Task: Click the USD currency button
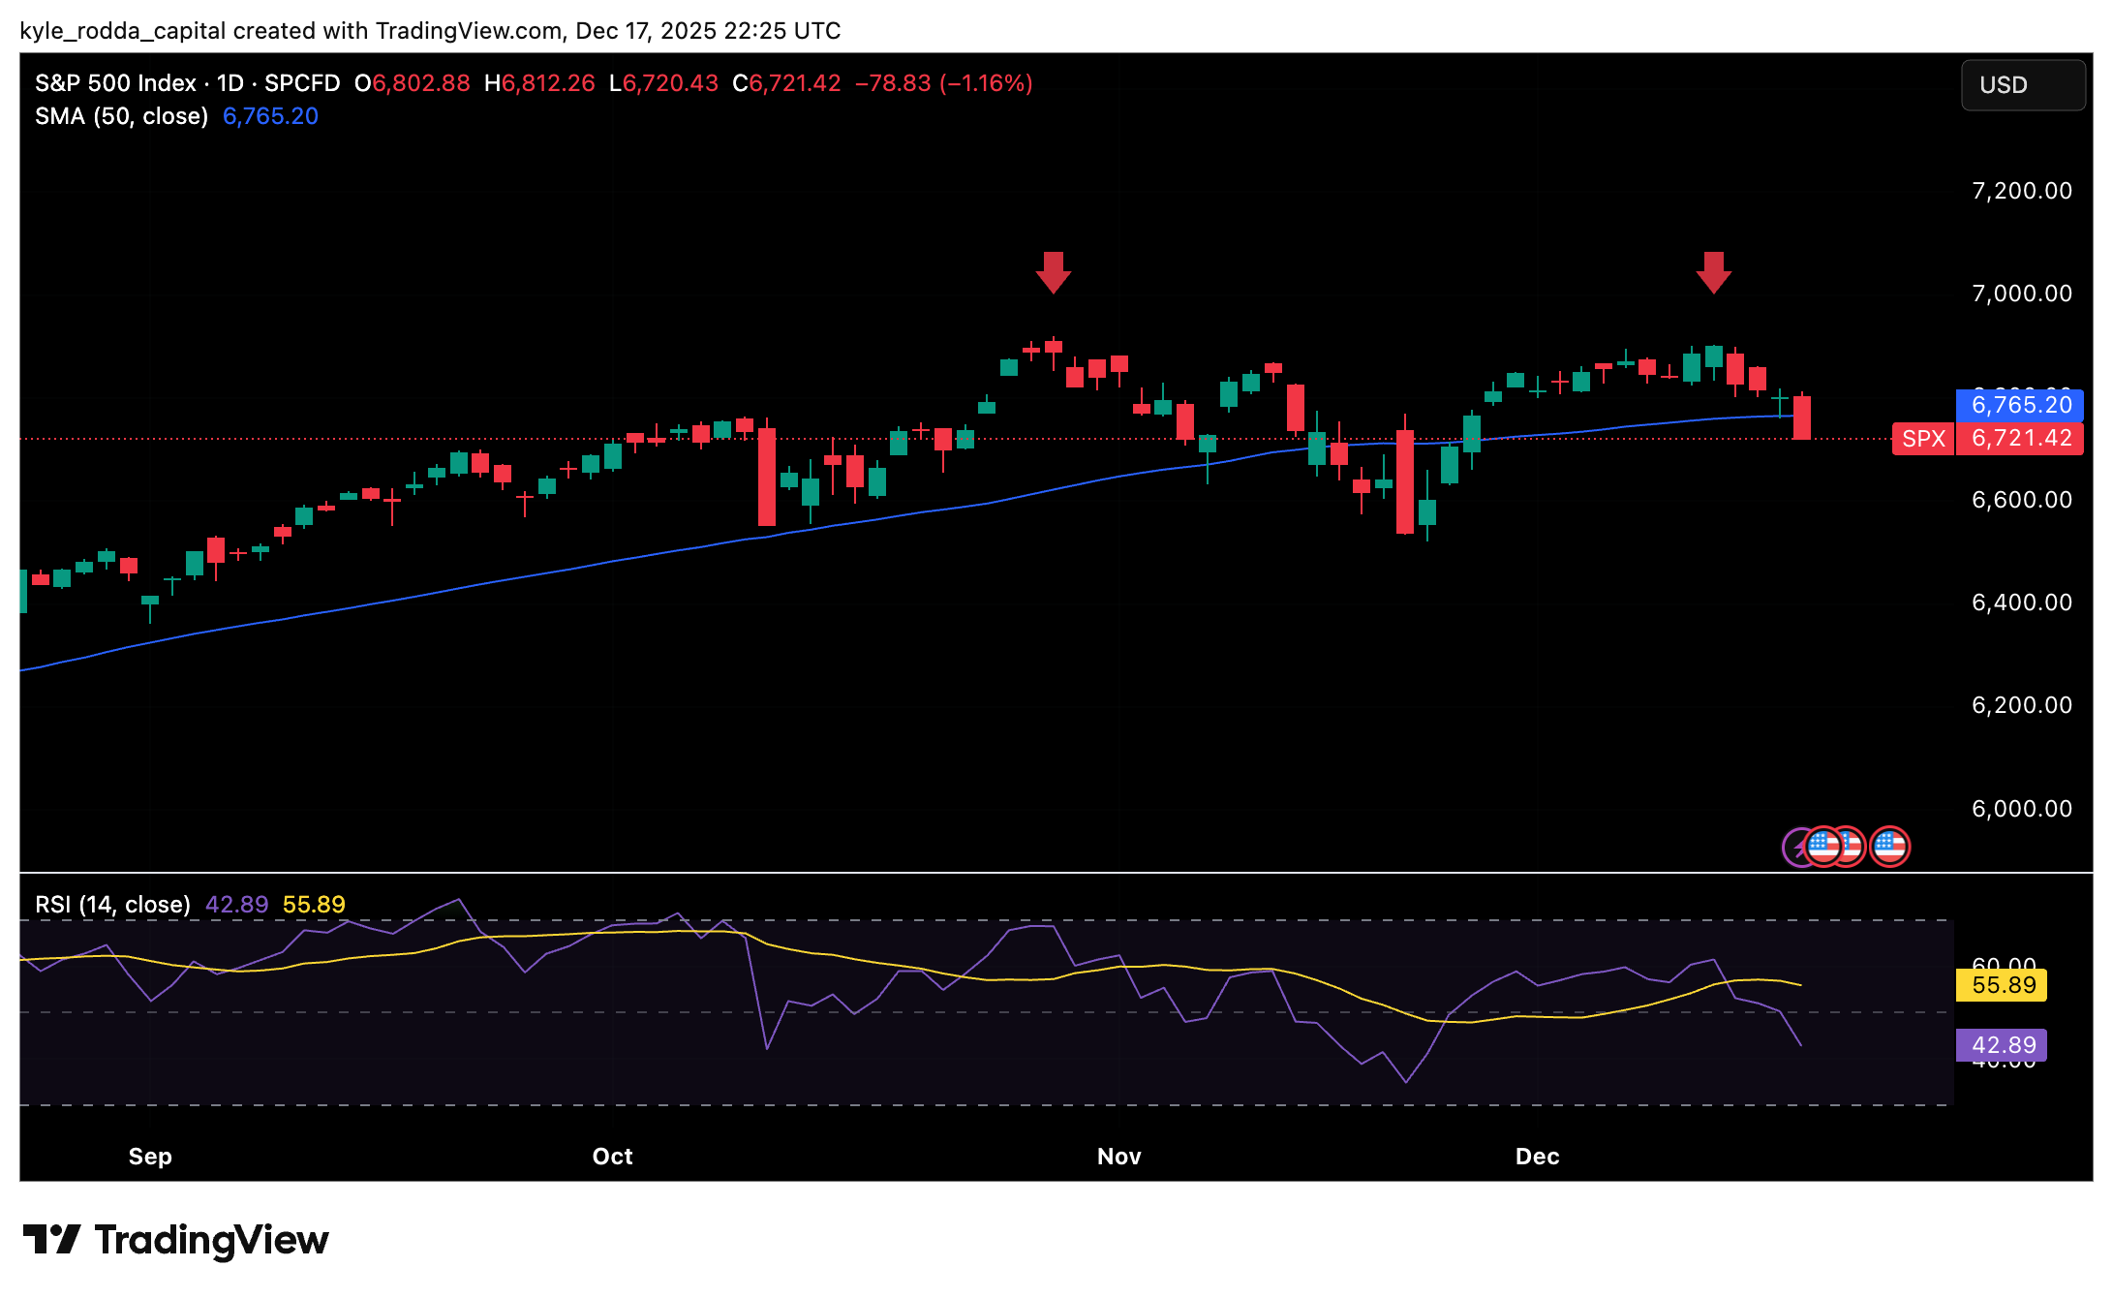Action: point(2022,85)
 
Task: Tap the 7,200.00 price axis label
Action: point(2022,191)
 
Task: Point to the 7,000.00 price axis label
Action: point(2022,294)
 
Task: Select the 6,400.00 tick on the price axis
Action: point(2022,603)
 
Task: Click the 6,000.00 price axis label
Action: point(2022,809)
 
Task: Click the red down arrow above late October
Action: point(1053,272)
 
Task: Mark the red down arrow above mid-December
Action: point(1714,272)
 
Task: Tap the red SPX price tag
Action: point(1923,439)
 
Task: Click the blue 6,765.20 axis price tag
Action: point(2021,405)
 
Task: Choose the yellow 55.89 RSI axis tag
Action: point(2003,986)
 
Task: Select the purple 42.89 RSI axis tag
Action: point(2003,1045)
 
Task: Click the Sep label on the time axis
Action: point(150,1157)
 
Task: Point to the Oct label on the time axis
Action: point(612,1157)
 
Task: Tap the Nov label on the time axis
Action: point(1118,1157)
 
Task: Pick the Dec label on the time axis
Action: point(1537,1157)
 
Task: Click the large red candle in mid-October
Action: point(766,477)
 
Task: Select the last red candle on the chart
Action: point(1801,417)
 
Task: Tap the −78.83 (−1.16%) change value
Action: point(943,83)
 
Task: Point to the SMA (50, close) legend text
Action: point(122,116)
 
